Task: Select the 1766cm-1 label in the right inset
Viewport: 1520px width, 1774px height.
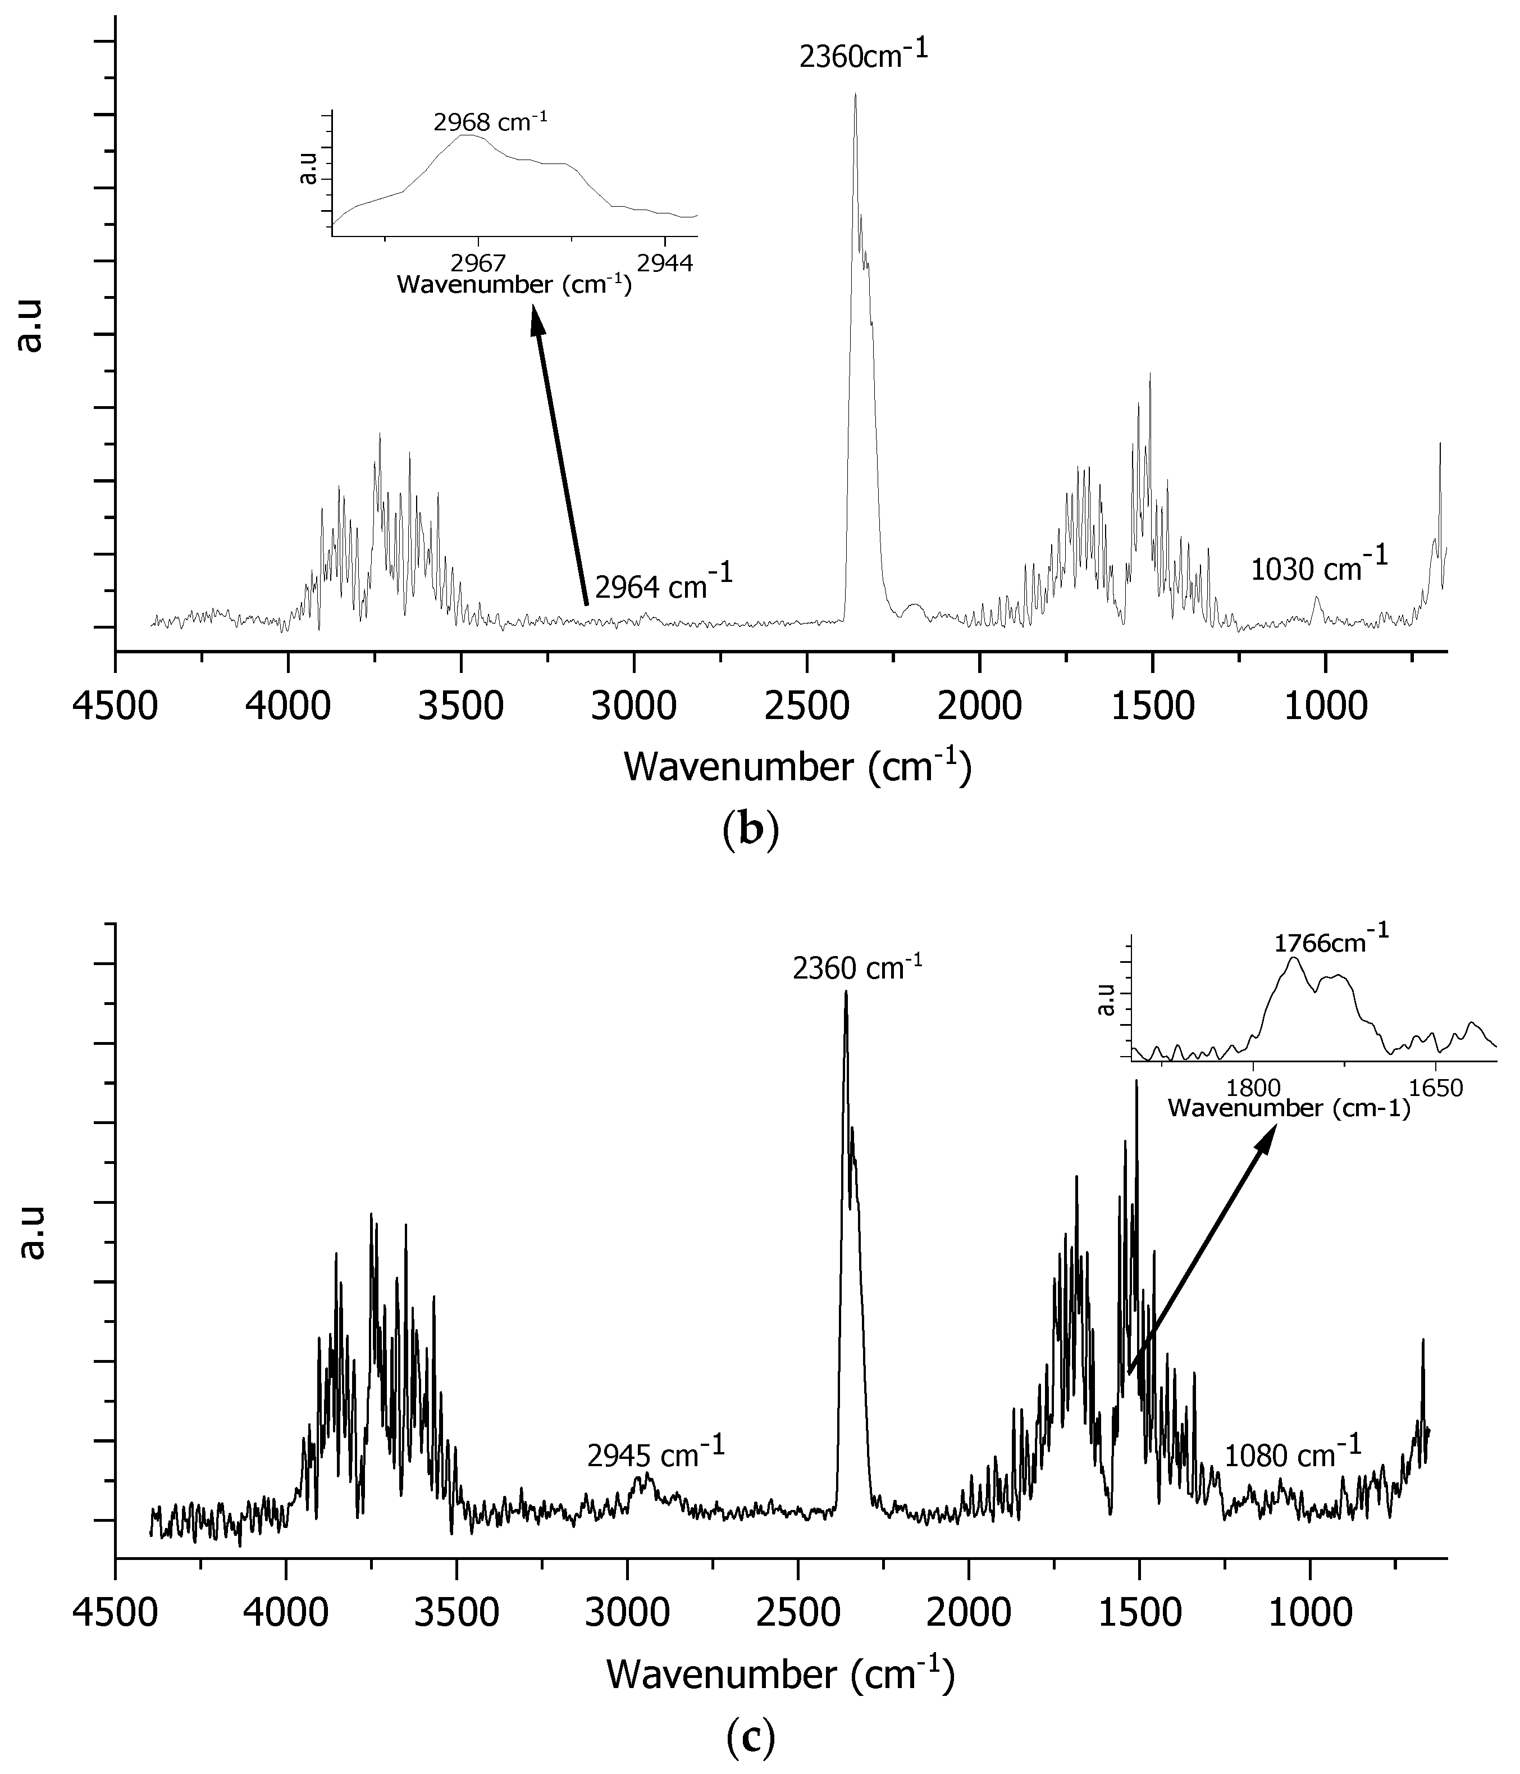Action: coord(1331,942)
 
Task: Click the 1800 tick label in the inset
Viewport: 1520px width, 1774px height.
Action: coord(1253,1090)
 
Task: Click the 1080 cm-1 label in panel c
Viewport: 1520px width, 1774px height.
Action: coord(1293,1453)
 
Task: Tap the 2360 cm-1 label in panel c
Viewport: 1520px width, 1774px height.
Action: coord(857,968)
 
